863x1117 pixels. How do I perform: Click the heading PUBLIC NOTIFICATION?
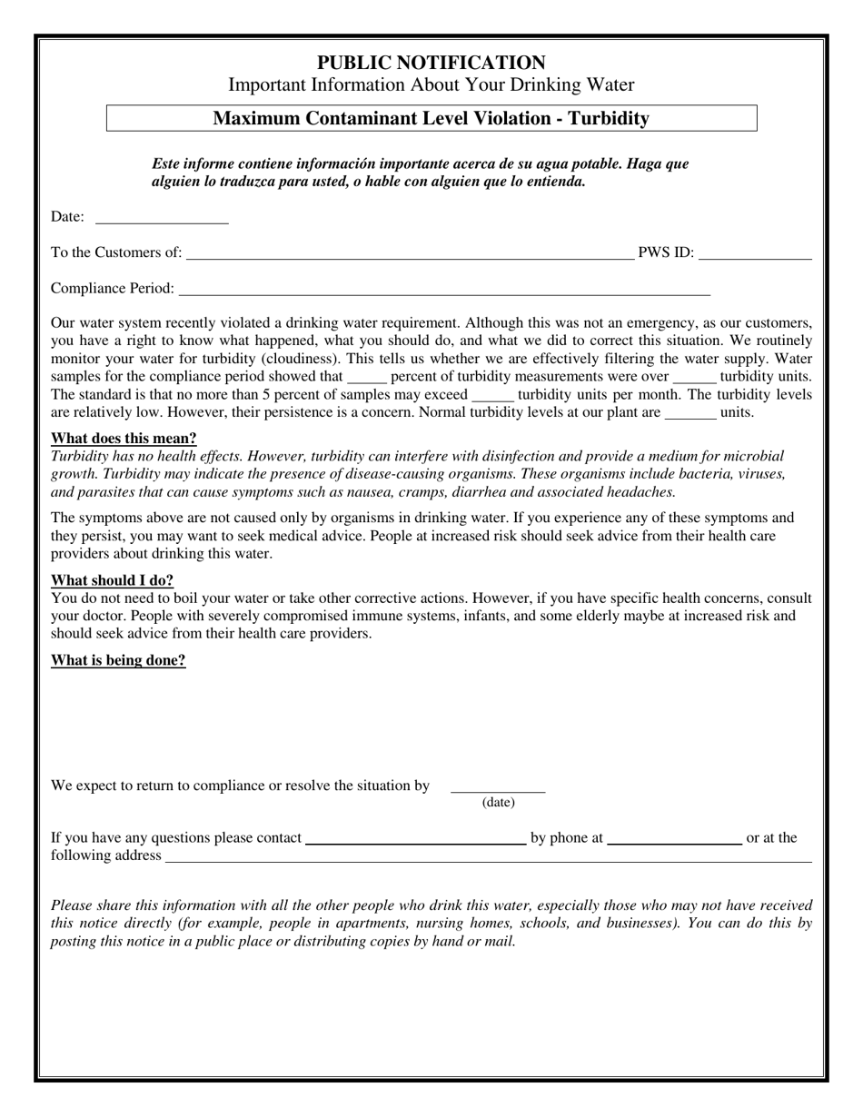(431, 63)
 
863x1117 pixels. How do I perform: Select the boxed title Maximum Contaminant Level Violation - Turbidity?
(431, 118)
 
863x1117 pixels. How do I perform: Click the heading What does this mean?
(124, 439)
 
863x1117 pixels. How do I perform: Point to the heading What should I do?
(112, 580)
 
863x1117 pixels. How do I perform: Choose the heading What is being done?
(118, 660)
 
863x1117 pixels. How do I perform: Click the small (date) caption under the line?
(498, 803)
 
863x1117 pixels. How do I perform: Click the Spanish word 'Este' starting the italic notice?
(166, 164)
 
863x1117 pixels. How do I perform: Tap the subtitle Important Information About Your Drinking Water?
(431, 85)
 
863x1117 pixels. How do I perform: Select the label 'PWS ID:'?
(666, 252)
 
